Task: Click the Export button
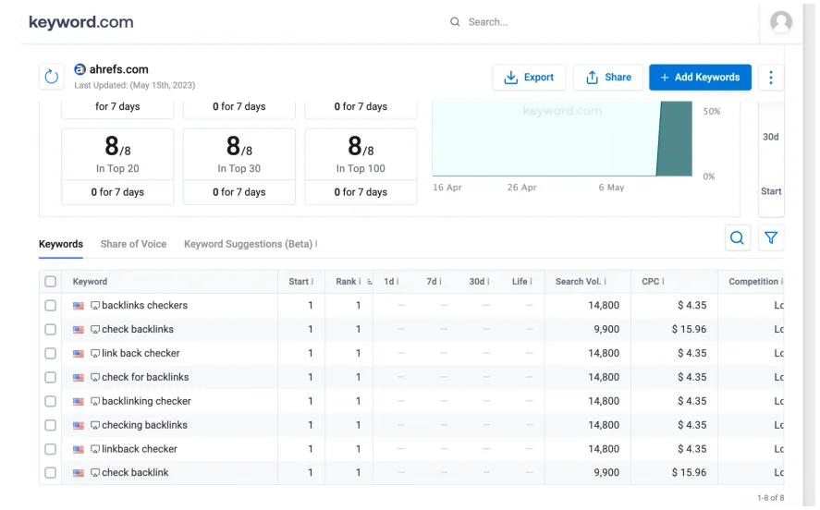click(529, 78)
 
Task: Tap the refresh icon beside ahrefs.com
click(52, 77)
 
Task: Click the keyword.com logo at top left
click(81, 22)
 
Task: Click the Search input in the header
click(555, 22)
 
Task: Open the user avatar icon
click(781, 22)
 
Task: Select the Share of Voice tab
click(133, 244)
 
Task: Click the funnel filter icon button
click(771, 238)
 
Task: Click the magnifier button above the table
click(737, 238)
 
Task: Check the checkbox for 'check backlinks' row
click(51, 329)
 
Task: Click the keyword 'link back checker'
click(141, 353)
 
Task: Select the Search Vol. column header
click(579, 282)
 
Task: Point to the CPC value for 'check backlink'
click(689, 472)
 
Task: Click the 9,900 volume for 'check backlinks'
click(606, 329)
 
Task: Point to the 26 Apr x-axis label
click(521, 188)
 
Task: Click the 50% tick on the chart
click(711, 111)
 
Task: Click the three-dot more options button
click(771, 78)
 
